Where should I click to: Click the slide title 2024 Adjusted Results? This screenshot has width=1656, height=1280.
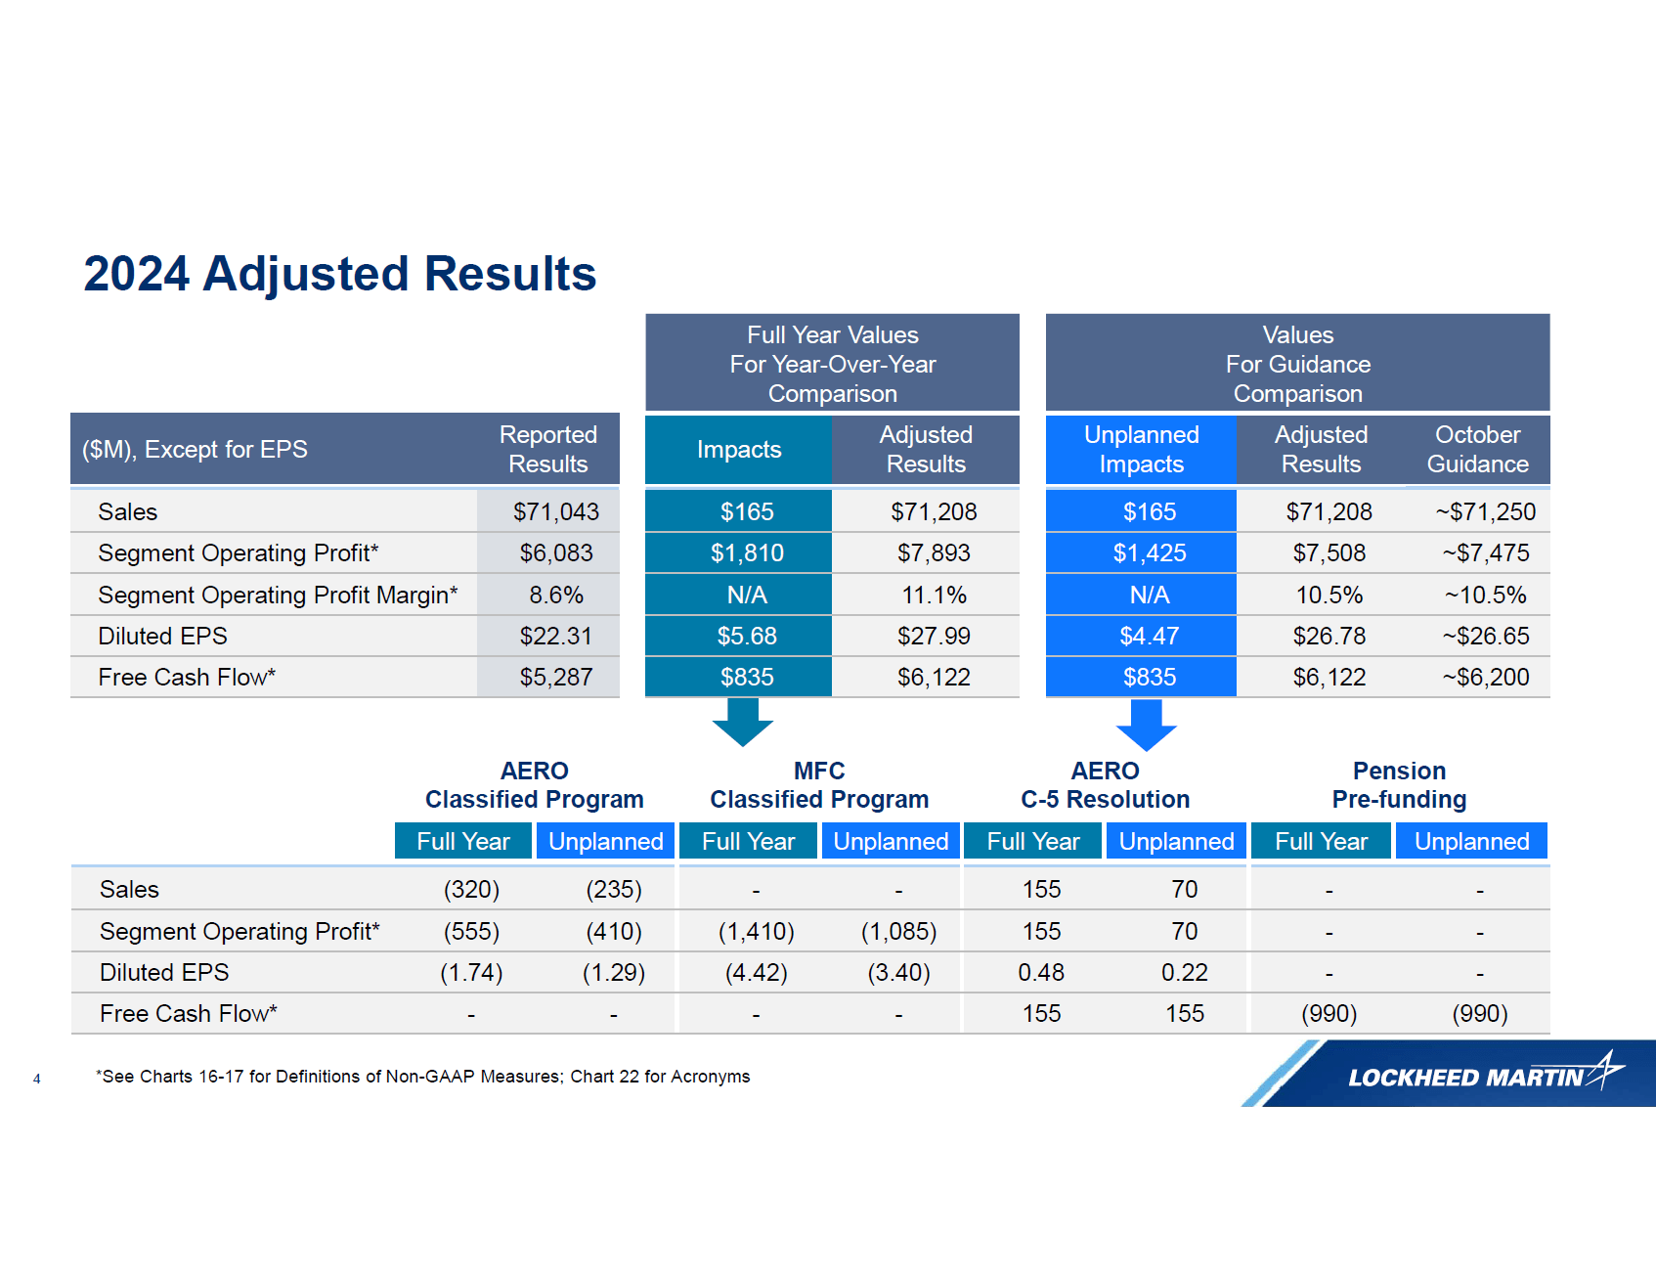(339, 274)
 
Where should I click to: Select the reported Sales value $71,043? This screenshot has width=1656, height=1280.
(555, 511)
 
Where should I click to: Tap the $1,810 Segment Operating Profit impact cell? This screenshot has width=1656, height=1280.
(747, 553)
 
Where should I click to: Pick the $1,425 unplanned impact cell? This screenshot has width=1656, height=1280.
(1149, 553)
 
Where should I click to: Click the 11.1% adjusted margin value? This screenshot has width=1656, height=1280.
(933, 595)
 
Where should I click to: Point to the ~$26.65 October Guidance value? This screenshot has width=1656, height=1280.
(1485, 636)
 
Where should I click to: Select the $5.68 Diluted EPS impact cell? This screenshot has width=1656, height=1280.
(747, 636)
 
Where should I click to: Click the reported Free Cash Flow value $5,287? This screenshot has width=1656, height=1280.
(555, 677)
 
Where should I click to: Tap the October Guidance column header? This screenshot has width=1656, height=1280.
(1477, 449)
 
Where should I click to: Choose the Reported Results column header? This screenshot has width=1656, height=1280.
(547, 449)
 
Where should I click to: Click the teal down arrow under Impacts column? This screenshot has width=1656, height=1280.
(743, 723)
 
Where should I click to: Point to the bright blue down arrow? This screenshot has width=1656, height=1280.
(1146, 725)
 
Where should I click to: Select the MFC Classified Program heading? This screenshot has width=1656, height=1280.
(819, 785)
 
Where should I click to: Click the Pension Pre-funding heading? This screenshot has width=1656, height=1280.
(1399, 785)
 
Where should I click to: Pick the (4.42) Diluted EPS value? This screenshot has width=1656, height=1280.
(756, 972)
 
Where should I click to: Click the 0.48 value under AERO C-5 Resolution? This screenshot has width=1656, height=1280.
(1041, 972)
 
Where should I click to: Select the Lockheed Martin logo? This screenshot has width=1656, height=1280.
(1466, 1076)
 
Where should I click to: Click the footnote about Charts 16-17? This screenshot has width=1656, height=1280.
(423, 1077)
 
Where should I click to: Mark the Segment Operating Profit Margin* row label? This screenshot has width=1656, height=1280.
(278, 595)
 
